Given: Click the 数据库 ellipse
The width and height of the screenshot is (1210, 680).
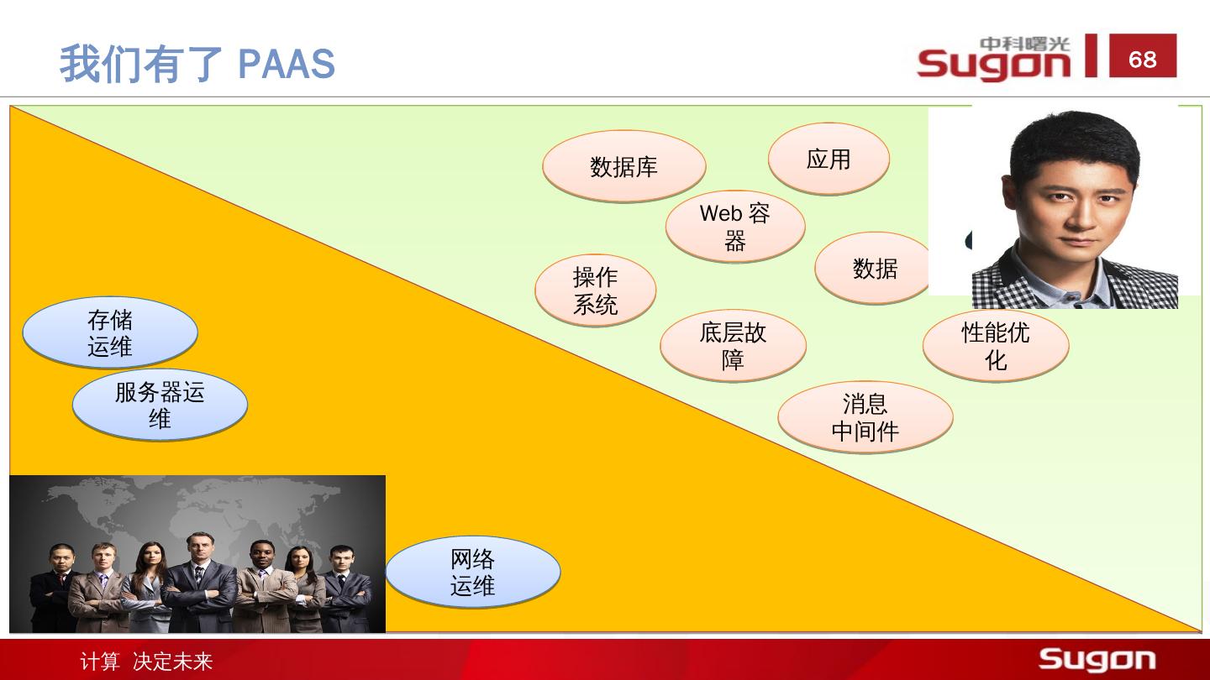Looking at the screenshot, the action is point(623,166).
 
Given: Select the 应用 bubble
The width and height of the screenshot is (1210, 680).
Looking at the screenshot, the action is point(829,159).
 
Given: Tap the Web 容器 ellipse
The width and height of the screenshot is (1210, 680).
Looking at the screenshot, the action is point(735,227).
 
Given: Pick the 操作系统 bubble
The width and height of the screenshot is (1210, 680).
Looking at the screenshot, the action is point(595,290).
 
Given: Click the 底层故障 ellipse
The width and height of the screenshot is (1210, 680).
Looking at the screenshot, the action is point(733,345).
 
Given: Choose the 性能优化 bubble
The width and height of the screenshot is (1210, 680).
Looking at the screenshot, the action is point(996,345).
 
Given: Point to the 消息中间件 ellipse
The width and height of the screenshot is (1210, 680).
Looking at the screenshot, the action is point(865,417).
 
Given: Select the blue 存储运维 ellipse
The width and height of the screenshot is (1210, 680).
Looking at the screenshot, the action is point(109,332).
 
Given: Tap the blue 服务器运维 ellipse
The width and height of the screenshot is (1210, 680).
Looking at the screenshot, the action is point(160,405).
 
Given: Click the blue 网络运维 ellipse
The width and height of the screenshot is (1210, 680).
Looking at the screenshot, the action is point(472,572).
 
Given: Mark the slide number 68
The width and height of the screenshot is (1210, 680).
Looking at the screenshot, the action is point(1143,59).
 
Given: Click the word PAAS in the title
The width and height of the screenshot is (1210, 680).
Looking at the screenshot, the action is point(287,64).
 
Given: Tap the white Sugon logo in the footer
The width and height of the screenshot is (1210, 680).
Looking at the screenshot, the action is point(1097,660).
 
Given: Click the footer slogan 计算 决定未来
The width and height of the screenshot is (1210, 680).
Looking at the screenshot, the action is point(146,662).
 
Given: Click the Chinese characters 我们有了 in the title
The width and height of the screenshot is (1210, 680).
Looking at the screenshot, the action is point(140,64).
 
